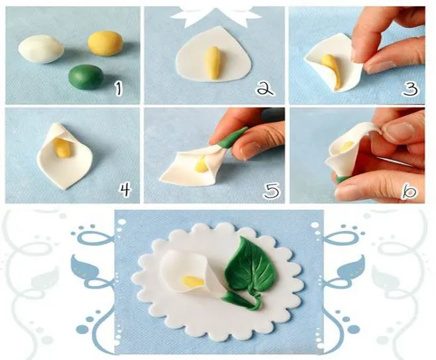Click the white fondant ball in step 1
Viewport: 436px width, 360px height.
pyautogui.click(x=41, y=49)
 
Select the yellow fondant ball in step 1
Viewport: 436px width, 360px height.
pyautogui.click(x=105, y=43)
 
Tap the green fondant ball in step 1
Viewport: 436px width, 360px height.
pyautogui.click(x=86, y=77)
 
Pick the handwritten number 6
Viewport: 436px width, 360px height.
pyautogui.click(x=409, y=192)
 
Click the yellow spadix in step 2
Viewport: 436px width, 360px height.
pyautogui.click(x=213, y=64)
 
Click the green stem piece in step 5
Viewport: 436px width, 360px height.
pyautogui.click(x=232, y=139)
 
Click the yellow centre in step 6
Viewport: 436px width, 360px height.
pyautogui.click(x=347, y=147)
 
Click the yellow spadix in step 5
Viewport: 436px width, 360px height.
pyautogui.click(x=201, y=164)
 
